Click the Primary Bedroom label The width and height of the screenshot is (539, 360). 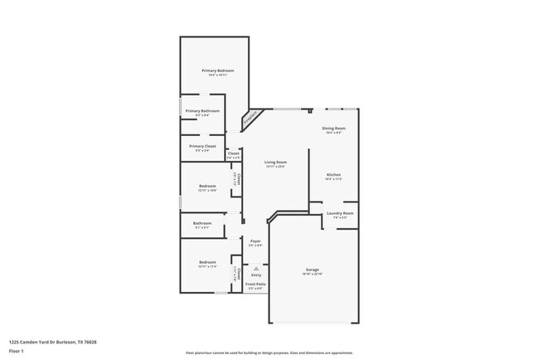(x=218, y=71)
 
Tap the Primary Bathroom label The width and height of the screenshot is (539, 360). (x=202, y=110)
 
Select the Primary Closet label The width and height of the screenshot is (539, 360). (x=202, y=146)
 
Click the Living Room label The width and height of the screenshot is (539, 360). (x=276, y=162)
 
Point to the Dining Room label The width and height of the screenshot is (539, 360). (x=334, y=129)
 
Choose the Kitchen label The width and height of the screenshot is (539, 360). (x=333, y=175)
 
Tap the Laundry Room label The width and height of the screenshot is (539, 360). (x=340, y=213)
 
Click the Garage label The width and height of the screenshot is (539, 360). (x=313, y=270)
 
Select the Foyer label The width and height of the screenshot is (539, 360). (x=256, y=241)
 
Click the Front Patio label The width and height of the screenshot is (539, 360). (x=255, y=284)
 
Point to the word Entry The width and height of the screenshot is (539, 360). (x=256, y=275)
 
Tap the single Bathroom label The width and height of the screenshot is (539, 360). (x=203, y=222)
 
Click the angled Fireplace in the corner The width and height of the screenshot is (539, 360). (x=250, y=120)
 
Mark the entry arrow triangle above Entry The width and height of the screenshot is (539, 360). (x=256, y=267)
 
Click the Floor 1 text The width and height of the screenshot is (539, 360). (x=17, y=351)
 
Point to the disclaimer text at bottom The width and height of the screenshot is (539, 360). (x=269, y=352)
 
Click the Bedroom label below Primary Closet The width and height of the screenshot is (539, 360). (x=207, y=186)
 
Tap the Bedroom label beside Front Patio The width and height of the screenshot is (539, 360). (x=207, y=262)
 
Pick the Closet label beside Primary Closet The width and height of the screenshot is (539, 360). (x=234, y=153)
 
